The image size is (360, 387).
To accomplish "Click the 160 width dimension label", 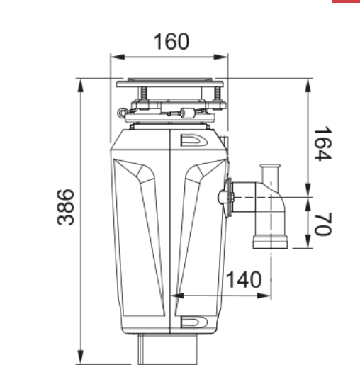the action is coord(171,41).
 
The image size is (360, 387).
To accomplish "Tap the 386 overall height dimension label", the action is coord(65,207).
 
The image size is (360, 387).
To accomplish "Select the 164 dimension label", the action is coord(323,144).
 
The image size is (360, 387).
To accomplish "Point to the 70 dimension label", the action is coord(323,224).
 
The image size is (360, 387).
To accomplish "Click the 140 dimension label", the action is coord(244,280).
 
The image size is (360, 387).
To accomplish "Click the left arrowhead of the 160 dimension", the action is coord(118,57).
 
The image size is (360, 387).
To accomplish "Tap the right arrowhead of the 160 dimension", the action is coord(220,57).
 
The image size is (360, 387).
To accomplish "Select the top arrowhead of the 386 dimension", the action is coord(81,86).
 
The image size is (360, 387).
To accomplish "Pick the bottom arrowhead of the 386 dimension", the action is coord(81,357).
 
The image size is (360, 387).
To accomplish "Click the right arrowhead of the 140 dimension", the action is coord(264,296).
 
